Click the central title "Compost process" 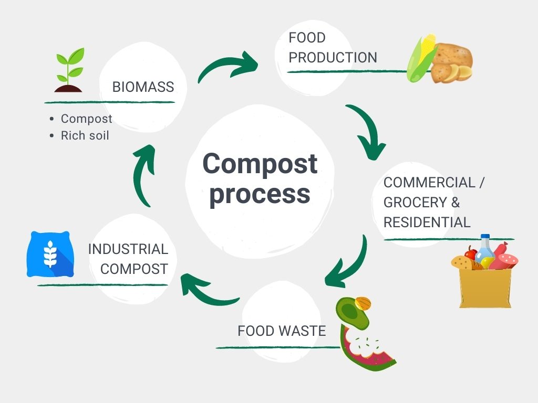[260, 178]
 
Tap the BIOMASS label [143, 87]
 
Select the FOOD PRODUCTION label [333, 48]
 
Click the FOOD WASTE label [282, 331]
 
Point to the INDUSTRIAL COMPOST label [128, 259]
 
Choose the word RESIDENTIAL [427, 222]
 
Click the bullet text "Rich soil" [85, 135]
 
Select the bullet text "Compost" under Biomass [86, 119]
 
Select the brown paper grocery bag [485, 287]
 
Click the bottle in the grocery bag [484, 251]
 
